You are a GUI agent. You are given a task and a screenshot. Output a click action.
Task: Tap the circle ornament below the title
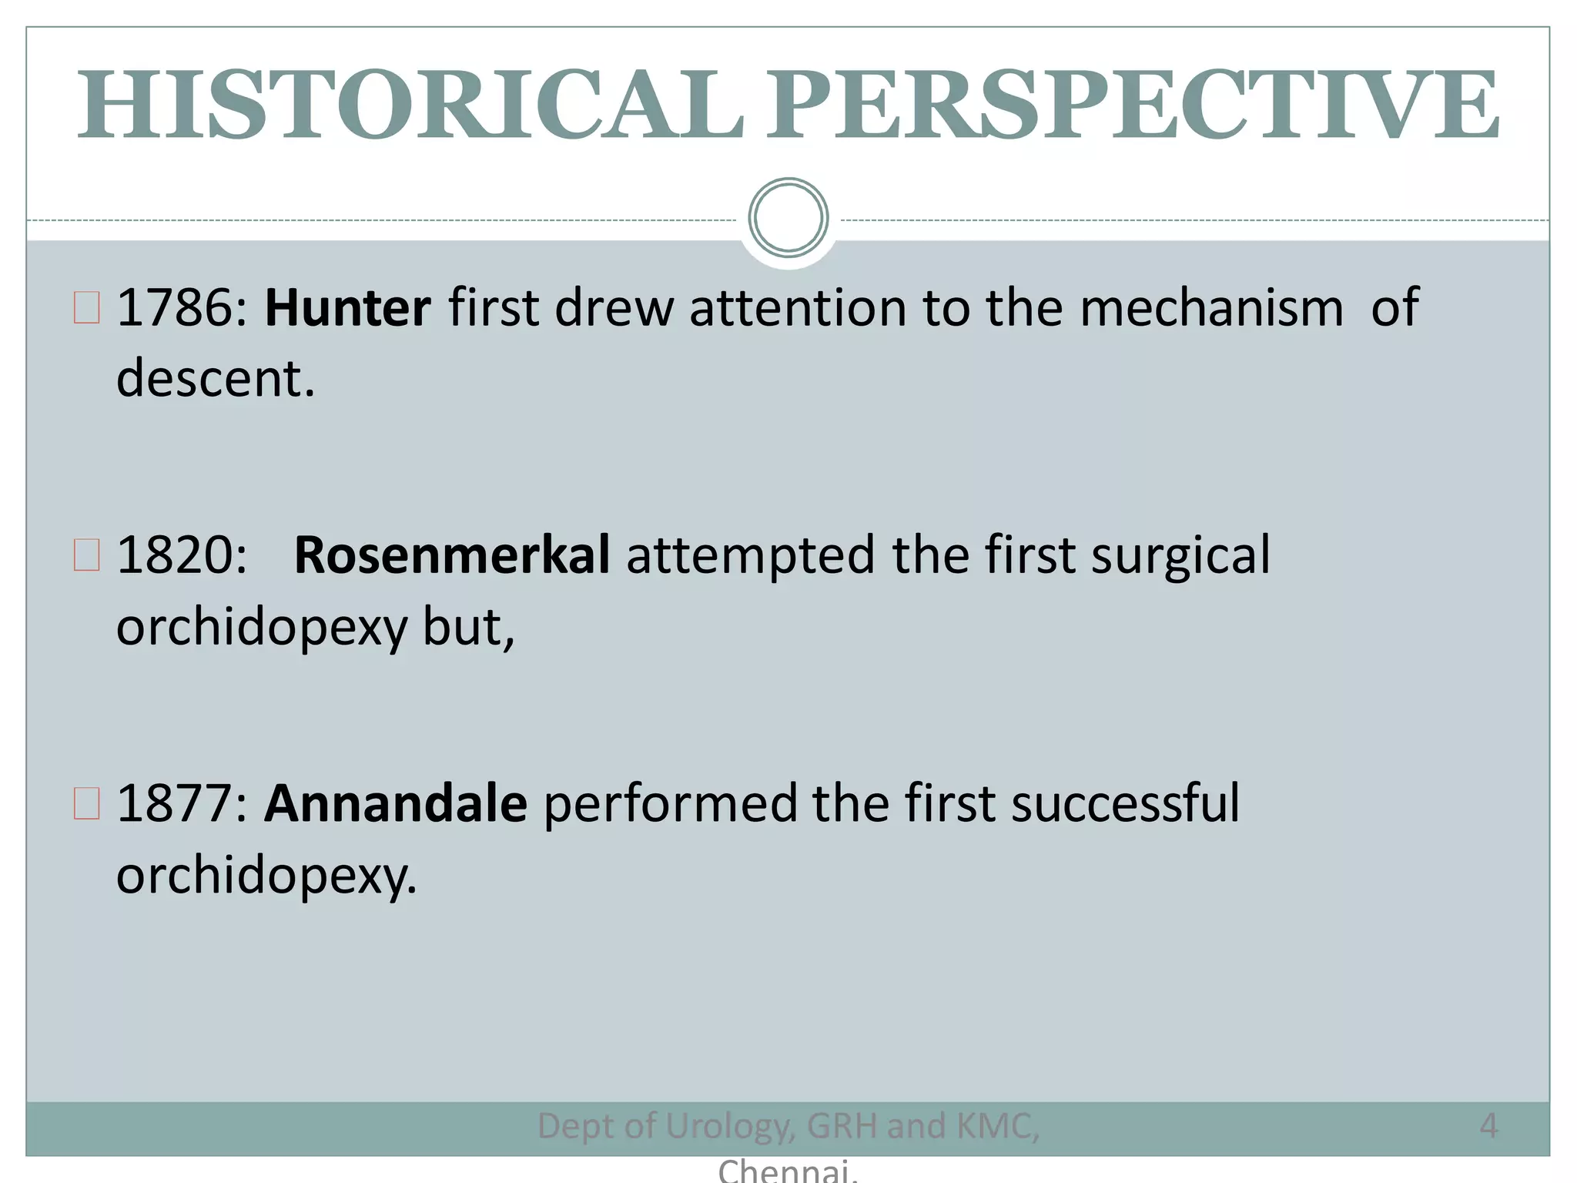[x=788, y=218]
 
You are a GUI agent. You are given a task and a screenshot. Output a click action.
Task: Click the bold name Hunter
[x=347, y=308]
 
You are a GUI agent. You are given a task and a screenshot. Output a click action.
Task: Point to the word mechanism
[x=1211, y=308]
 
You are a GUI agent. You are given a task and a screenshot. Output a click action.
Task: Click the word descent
[x=215, y=379]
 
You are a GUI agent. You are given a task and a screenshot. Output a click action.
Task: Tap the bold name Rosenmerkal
[x=452, y=555]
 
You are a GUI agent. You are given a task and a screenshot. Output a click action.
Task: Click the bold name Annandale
[x=396, y=803]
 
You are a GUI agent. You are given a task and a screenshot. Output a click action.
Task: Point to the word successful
[x=1125, y=803]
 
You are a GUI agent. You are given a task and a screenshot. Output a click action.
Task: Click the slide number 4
[x=1488, y=1126]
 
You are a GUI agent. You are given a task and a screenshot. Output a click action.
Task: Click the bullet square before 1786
[x=87, y=308]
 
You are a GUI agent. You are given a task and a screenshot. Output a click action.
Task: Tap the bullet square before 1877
[x=87, y=803]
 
